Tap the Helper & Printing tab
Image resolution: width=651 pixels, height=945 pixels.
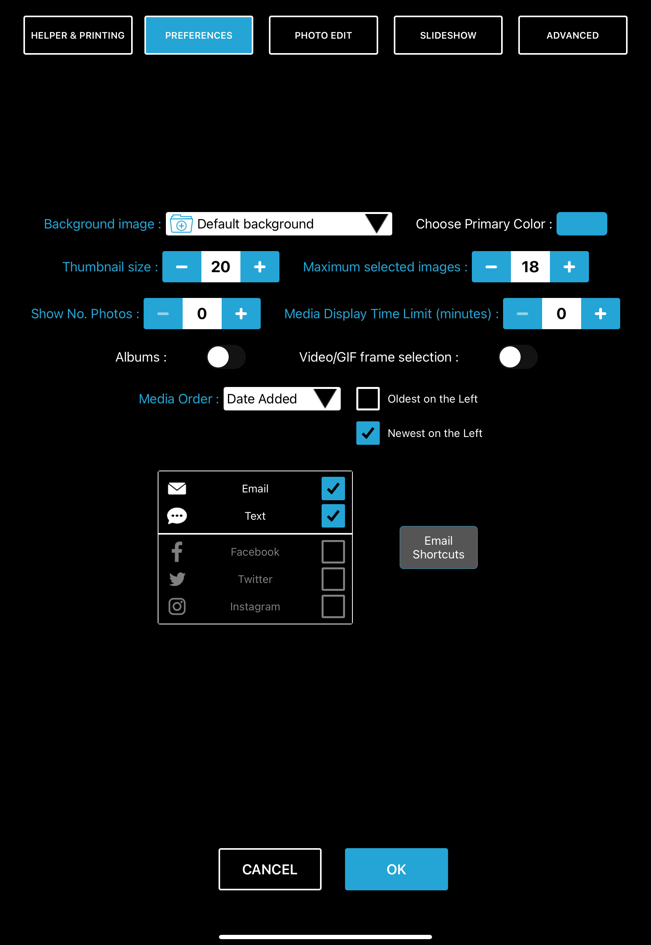(78, 36)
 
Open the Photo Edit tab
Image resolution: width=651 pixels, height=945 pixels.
(323, 36)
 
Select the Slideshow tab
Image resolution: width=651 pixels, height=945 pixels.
(448, 36)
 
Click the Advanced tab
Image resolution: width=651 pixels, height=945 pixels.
(572, 36)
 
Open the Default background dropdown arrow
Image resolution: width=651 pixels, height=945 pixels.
(376, 224)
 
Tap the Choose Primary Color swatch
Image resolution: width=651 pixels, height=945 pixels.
(581, 224)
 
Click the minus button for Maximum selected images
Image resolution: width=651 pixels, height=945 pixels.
(491, 267)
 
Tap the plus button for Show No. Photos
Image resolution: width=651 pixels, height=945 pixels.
(241, 314)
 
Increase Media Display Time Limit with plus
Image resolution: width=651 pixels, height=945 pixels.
(600, 314)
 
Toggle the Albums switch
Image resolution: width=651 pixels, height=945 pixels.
(226, 357)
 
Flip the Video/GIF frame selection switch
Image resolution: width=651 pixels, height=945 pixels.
(518, 357)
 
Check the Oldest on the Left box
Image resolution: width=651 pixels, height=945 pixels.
(368, 399)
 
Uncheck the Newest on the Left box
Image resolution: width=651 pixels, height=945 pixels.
(368, 433)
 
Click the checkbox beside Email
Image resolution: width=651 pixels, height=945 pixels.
(333, 489)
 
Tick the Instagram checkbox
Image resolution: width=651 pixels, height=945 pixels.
(333, 606)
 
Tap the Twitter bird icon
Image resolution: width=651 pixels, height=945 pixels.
(177, 579)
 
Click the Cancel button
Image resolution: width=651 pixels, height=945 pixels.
(270, 869)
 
